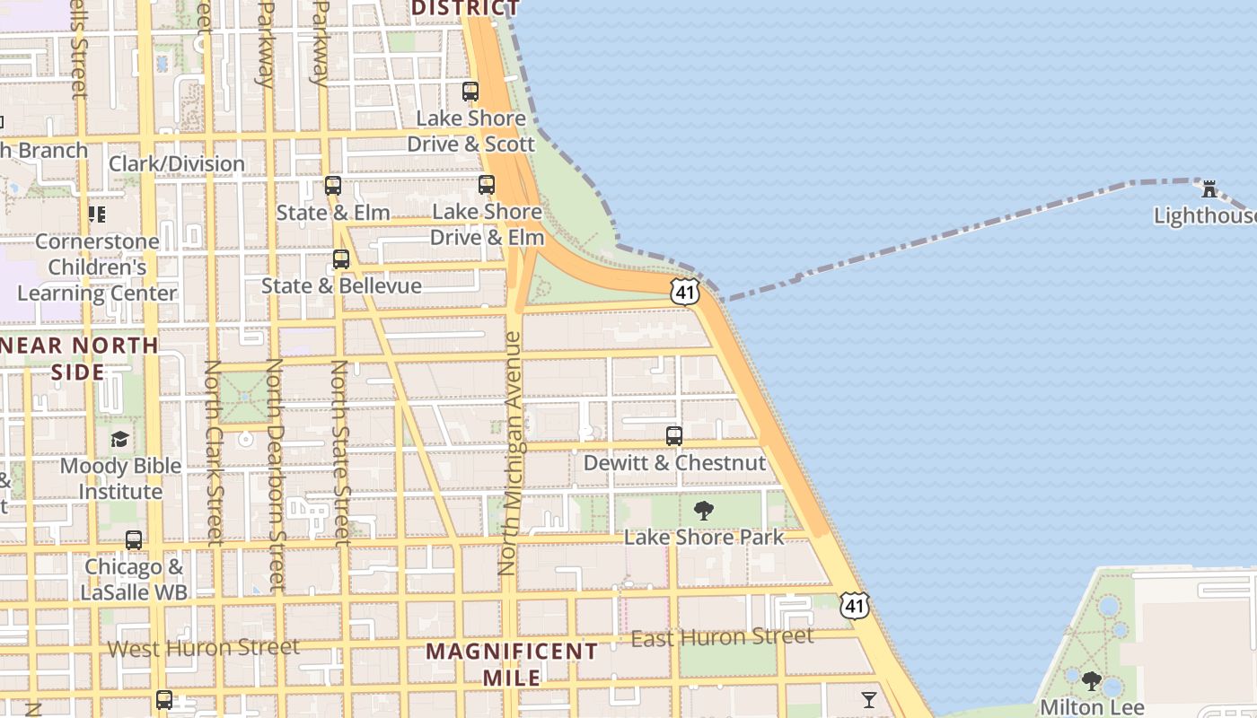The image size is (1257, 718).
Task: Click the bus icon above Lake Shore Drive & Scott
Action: (470, 92)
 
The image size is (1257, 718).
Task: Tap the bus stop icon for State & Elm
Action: (333, 187)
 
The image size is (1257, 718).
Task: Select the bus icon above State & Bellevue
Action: (341, 259)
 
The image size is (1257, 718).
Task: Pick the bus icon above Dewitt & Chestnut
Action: (674, 436)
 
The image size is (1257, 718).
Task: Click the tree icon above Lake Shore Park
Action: (704, 511)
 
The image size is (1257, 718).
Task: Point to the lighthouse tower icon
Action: (1209, 189)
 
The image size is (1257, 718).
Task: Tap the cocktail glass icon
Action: (868, 699)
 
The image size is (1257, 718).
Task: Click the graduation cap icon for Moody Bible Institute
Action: (119, 439)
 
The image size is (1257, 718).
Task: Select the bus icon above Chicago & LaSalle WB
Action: (134, 540)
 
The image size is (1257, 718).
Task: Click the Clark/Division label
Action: (177, 163)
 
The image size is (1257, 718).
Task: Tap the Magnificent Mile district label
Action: (512, 664)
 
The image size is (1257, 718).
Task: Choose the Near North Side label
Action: (79, 358)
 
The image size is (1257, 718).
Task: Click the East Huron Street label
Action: (723, 637)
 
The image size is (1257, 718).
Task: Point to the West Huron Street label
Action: (204, 647)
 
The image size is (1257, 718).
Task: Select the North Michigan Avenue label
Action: (510, 453)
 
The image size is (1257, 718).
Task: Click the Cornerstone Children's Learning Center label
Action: (97, 267)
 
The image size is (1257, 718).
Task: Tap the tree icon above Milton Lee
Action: (1092, 681)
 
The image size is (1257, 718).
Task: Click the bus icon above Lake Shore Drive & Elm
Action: (487, 185)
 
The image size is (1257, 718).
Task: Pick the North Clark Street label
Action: (214, 453)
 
